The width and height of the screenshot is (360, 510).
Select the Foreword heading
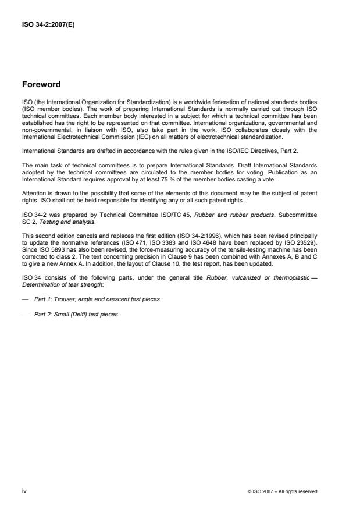pos(42,84)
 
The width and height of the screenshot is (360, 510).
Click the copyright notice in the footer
pos(282,491)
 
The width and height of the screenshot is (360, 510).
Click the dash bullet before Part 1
pos(24,299)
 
